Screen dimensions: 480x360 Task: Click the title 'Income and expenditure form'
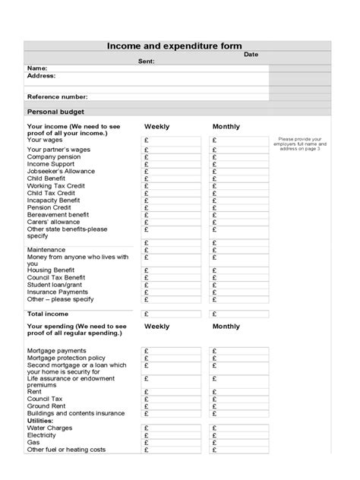click(x=174, y=46)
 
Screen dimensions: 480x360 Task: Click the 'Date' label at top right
click(x=251, y=55)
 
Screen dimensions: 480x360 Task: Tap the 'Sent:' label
click(x=146, y=62)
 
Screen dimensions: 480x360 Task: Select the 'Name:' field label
click(x=37, y=68)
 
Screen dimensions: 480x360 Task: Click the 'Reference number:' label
click(x=57, y=97)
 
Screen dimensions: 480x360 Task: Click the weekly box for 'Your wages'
click(x=172, y=141)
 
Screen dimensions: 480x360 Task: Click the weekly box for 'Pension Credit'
click(x=172, y=207)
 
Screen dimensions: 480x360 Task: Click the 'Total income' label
click(x=48, y=314)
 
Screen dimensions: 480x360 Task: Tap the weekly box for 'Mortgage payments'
click(x=172, y=351)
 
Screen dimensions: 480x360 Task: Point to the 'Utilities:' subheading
click(x=43, y=420)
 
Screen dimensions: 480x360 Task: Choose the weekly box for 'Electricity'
click(x=172, y=434)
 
